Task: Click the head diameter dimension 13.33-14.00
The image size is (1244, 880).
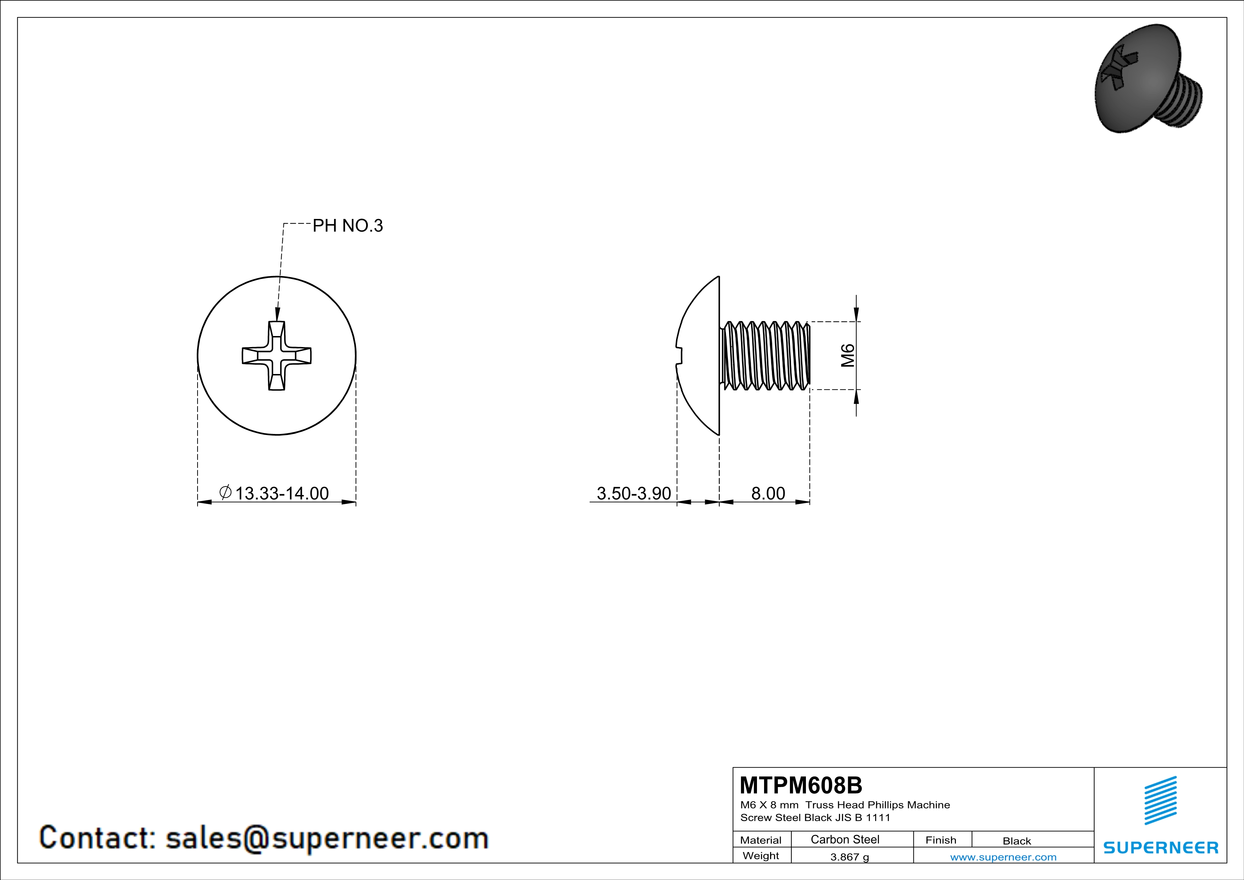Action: click(x=281, y=493)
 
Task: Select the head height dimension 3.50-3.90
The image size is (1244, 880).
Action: click(x=634, y=493)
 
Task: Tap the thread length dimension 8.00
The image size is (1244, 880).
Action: click(x=768, y=493)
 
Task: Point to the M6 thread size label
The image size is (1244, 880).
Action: click(x=848, y=356)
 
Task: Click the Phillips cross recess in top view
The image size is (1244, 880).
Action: click(x=276, y=356)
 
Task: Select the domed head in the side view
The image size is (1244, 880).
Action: click(x=699, y=356)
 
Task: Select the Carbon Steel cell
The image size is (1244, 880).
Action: click(x=845, y=839)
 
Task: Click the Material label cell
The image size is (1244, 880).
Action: click(x=761, y=840)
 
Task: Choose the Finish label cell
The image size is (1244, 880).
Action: click(x=941, y=840)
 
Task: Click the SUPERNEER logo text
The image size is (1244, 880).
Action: click(x=1161, y=847)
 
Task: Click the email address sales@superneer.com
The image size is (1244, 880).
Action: click(x=327, y=838)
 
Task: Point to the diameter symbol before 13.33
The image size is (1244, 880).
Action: click(x=225, y=492)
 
